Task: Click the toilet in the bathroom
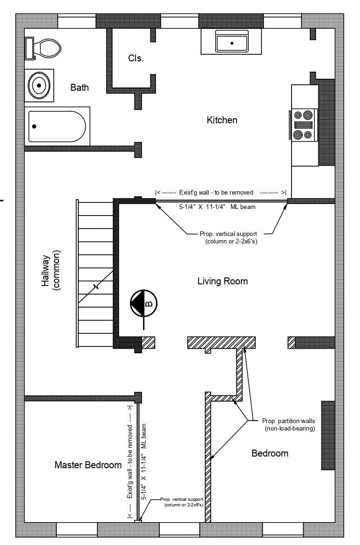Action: [43, 48]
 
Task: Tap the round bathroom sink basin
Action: [39, 85]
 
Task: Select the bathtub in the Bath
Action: [57, 126]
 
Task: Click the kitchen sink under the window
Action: [231, 41]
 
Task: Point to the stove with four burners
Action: [303, 125]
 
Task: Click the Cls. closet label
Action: [136, 58]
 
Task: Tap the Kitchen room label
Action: [222, 120]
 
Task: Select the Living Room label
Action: [223, 281]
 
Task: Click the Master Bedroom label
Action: [88, 464]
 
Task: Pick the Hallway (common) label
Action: [51, 270]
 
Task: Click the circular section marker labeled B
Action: [143, 303]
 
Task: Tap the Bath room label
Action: [79, 87]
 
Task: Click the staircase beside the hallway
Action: [95, 273]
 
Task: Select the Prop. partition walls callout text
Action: [288, 424]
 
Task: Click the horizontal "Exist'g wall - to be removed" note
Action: [221, 192]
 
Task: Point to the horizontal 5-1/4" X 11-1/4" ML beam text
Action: [217, 207]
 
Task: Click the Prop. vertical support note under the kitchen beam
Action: [229, 237]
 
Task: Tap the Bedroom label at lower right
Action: [270, 453]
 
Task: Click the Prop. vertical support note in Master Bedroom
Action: [182, 502]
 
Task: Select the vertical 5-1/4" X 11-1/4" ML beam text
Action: [143, 461]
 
